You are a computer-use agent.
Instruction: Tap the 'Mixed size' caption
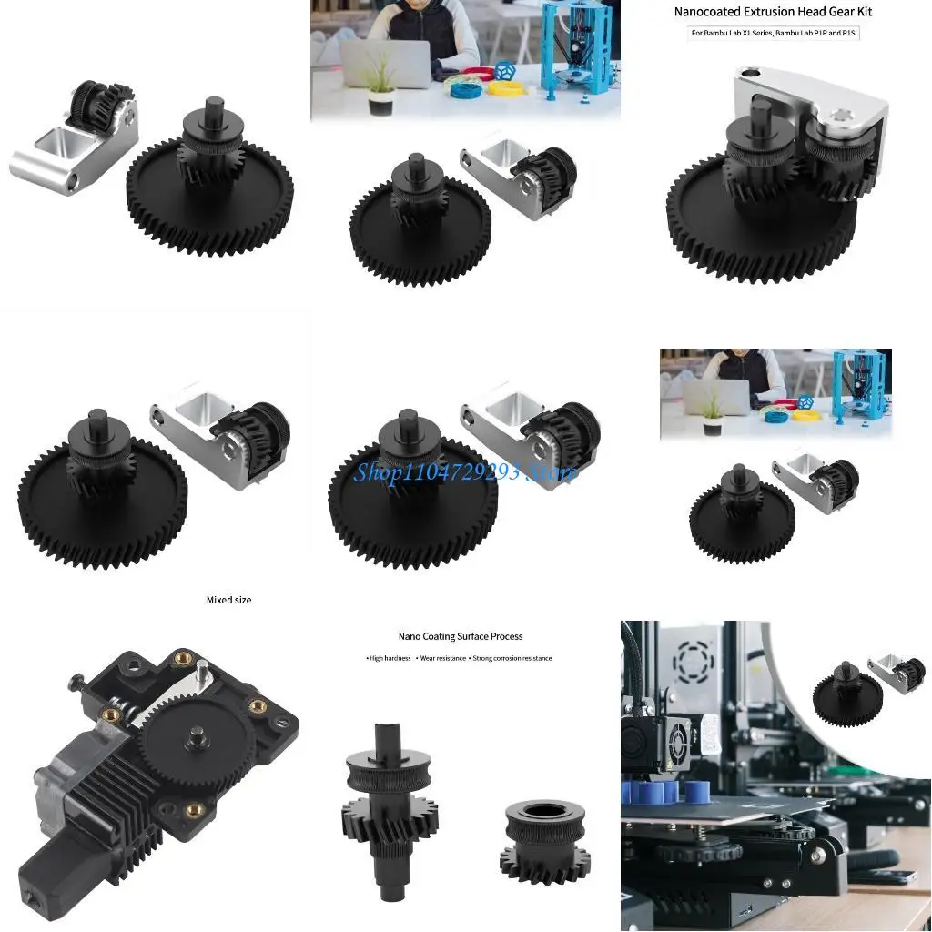pyautogui.click(x=228, y=600)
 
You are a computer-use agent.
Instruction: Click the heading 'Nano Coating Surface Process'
pyautogui.click(x=461, y=636)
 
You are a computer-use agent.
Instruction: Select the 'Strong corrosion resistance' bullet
pyautogui.click(x=512, y=658)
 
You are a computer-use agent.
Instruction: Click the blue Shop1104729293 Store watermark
pyautogui.click(x=465, y=471)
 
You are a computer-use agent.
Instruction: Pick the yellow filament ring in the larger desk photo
pyautogui.click(x=508, y=88)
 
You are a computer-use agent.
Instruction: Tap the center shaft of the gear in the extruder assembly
pyautogui.click(x=196, y=733)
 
